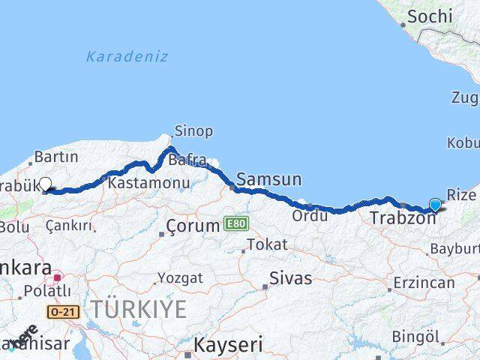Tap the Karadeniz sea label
point(127,56)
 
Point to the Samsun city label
point(268,179)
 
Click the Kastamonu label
point(137,182)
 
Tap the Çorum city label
point(192,224)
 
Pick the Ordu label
point(310,216)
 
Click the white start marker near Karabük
point(46,184)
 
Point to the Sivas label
point(291,278)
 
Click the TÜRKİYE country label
point(139,308)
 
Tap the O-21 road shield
point(63,310)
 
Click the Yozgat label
point(181,278)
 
